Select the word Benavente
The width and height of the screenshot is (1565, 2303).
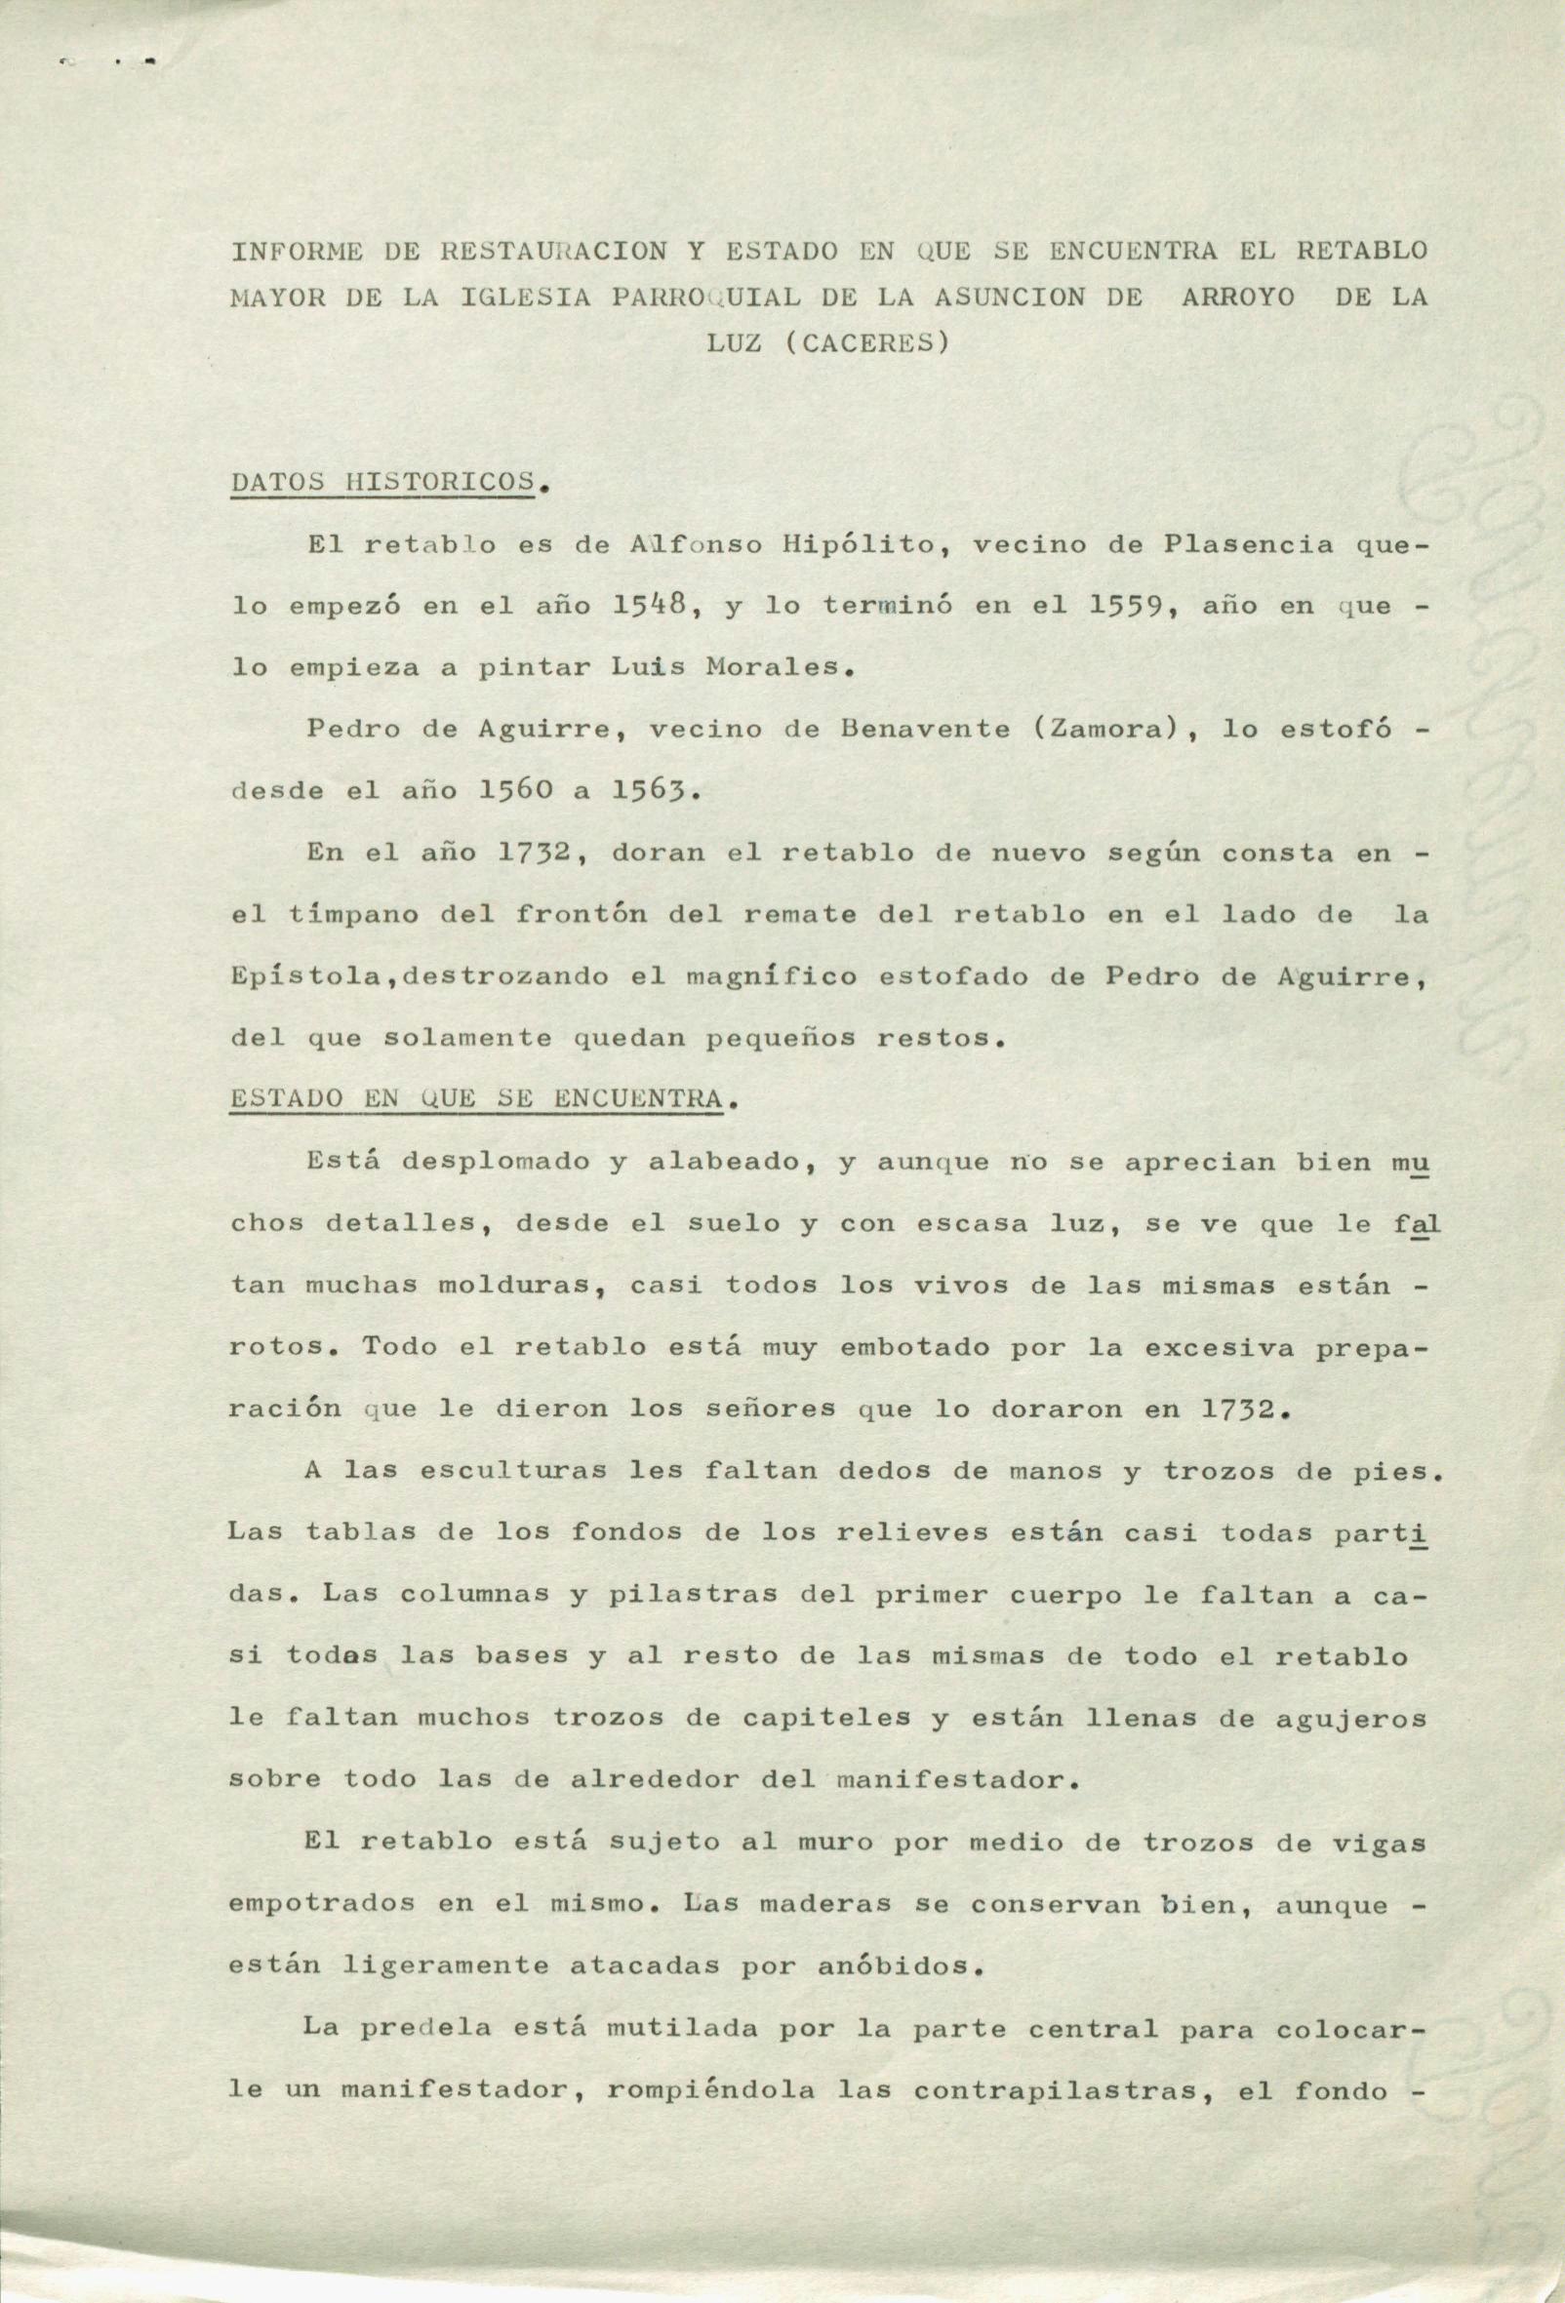point(918,730)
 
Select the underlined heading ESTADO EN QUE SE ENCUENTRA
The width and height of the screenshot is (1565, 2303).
point(474,1100)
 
